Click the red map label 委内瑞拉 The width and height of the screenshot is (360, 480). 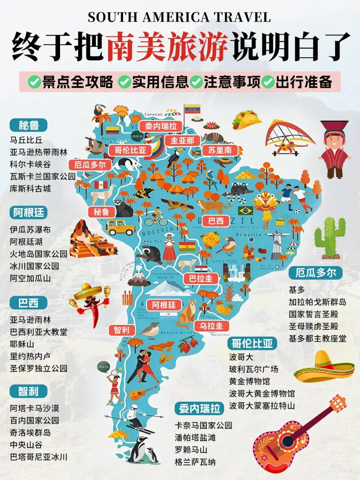point(161,126)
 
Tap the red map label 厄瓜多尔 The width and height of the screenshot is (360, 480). point(90,165)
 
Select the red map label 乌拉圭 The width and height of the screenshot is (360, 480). point(211,326)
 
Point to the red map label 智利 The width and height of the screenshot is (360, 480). point(121,330)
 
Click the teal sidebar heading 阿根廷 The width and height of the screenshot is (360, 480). point(29,213)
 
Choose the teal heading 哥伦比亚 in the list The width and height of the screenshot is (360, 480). point(252,343)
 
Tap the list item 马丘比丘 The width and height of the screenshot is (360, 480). point(26,140)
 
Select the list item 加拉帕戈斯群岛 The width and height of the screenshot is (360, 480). point(317,302)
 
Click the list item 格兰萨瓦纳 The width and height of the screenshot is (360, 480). point(195,462)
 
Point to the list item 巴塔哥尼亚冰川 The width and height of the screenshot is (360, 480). point(38,457)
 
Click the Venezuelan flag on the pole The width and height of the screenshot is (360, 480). point(192,109)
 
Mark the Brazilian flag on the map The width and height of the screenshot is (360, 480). point(246,211)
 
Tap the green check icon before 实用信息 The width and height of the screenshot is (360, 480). point(125,82)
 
